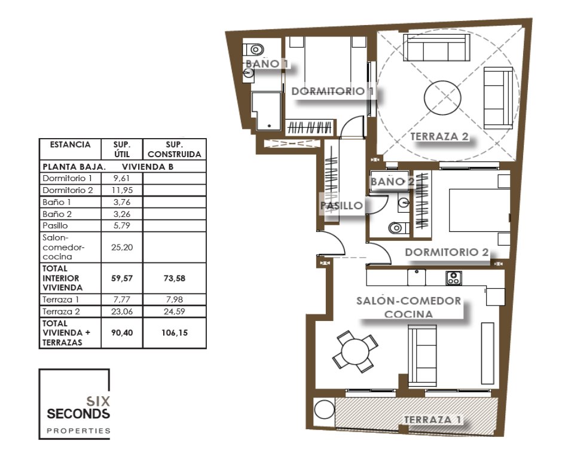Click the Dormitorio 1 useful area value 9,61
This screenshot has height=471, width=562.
122,178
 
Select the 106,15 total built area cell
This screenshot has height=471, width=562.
175,333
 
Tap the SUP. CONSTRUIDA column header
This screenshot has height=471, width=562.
175,149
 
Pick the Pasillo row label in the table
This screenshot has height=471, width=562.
55,225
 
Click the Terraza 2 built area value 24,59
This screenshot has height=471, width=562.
175,311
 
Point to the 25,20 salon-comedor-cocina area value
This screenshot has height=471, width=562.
122,247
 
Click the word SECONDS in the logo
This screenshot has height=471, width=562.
78,414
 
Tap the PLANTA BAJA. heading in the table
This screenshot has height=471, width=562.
74,167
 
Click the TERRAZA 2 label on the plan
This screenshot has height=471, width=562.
439,136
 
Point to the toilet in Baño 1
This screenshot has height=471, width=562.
253,49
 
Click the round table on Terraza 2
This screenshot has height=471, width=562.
442,97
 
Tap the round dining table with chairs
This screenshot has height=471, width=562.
355,351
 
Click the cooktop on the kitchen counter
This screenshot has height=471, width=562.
454,278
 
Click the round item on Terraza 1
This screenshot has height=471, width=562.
325,409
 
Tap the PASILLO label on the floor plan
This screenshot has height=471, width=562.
341,206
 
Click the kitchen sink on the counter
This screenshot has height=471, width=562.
417,277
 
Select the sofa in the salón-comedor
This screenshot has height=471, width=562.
422,356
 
